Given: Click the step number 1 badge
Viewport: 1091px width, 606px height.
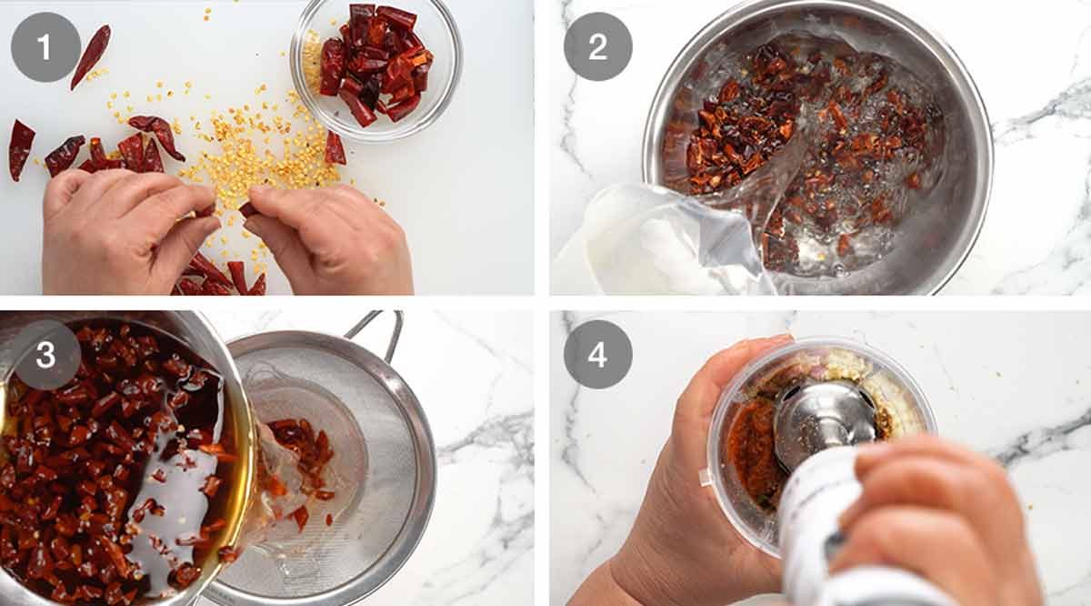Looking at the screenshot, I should pos(45,46).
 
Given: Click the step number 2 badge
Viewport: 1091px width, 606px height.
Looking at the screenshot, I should pos(598,46).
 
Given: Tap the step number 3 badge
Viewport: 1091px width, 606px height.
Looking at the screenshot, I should pos(45,355).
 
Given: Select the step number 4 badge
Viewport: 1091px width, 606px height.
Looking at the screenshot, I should pos(598,355).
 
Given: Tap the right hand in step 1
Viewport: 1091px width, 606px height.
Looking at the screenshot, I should pos(327,241).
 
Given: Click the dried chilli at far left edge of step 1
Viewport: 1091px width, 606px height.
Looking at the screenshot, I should pos(20,148).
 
